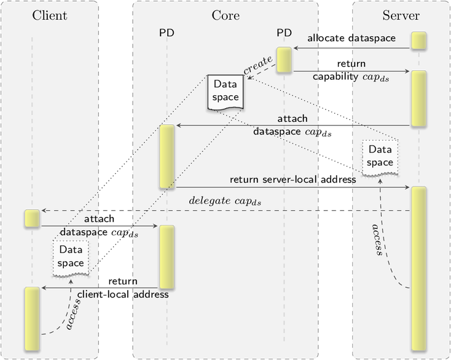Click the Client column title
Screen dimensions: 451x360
pos(50,15)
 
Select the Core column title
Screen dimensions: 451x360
pos(225,15)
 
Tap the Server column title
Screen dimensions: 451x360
pos(401,15)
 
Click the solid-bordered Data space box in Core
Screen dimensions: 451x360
pos(225,92)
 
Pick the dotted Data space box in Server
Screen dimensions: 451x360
pos(380,157)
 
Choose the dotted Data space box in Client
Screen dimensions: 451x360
pos(71,258)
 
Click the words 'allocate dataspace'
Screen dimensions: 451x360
pos(351,38)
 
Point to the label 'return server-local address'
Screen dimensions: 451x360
pos(293,180)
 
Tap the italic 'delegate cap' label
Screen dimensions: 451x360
pos(225,201)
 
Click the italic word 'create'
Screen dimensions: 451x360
pos(258,65)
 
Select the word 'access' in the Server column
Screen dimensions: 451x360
pos(377,240)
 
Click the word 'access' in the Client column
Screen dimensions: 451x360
pos(73,314)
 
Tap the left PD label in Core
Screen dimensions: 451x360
pos(167,33)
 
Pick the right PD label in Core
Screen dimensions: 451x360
pos(284,33)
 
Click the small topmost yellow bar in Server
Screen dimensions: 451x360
pos(419,41)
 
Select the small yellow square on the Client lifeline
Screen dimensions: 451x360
pos(32,219)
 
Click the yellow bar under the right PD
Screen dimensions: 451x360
pos(284,60)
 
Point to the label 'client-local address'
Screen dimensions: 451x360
pos(123,294)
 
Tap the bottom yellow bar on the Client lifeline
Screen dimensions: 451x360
pos(32,319)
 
